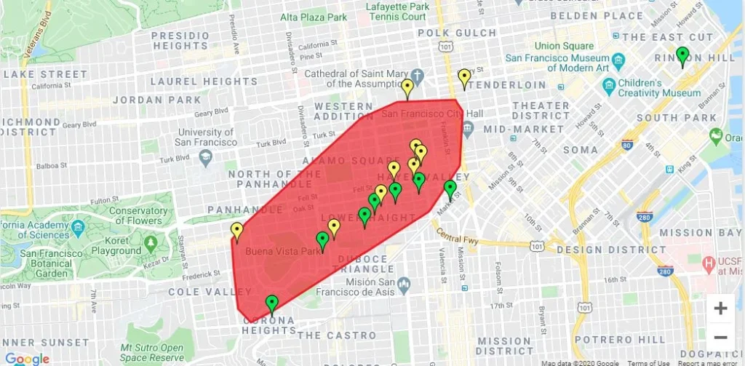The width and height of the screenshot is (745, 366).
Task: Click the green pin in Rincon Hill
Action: (x=682, y=55)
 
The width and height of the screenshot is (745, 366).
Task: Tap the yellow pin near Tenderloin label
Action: (x=464, y=78)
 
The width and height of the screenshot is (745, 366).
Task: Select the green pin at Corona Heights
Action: (x=272, y=303)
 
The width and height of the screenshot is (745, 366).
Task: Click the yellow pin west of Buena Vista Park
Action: (x=236, y=231)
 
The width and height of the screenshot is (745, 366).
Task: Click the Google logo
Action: (x=27, y=358)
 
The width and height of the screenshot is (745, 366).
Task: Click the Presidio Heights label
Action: (x=180, y=41)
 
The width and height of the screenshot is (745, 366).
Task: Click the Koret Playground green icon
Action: (x=151, y=242)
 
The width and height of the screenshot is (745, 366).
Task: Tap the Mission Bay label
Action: (x=696, y=233)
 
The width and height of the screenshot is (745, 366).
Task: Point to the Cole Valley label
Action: (x=199, y=292)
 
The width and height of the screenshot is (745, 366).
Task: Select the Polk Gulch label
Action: (x=466, y=33)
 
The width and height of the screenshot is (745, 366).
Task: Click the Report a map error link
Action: (x=709, y=362)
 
